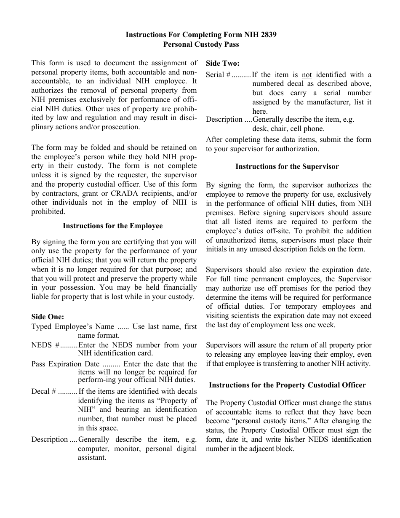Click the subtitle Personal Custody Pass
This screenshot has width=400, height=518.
point(201,44)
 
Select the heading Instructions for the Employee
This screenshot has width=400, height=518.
point(112,226)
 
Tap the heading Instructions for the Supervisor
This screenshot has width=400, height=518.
point(287,166)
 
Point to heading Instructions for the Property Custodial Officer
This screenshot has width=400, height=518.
point(287,385)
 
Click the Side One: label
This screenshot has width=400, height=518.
point(48,317)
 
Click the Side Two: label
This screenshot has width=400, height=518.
point(222,64)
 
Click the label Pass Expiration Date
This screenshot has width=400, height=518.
point(65,364)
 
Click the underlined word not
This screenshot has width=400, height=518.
point(307,75)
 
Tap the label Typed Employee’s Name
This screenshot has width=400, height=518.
point(72,326)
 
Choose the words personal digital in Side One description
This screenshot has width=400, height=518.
point(171,449)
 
